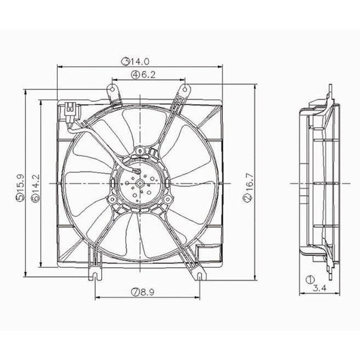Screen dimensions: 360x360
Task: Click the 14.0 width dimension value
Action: (139, 61)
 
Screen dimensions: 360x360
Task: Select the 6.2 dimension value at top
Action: (148, 75)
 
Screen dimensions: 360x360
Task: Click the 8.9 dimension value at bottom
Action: (147, 292)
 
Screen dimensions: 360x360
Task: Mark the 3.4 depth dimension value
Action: (320, 288)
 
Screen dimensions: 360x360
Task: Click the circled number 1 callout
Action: (310, 279)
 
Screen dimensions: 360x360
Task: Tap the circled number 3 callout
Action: (125, 61)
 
